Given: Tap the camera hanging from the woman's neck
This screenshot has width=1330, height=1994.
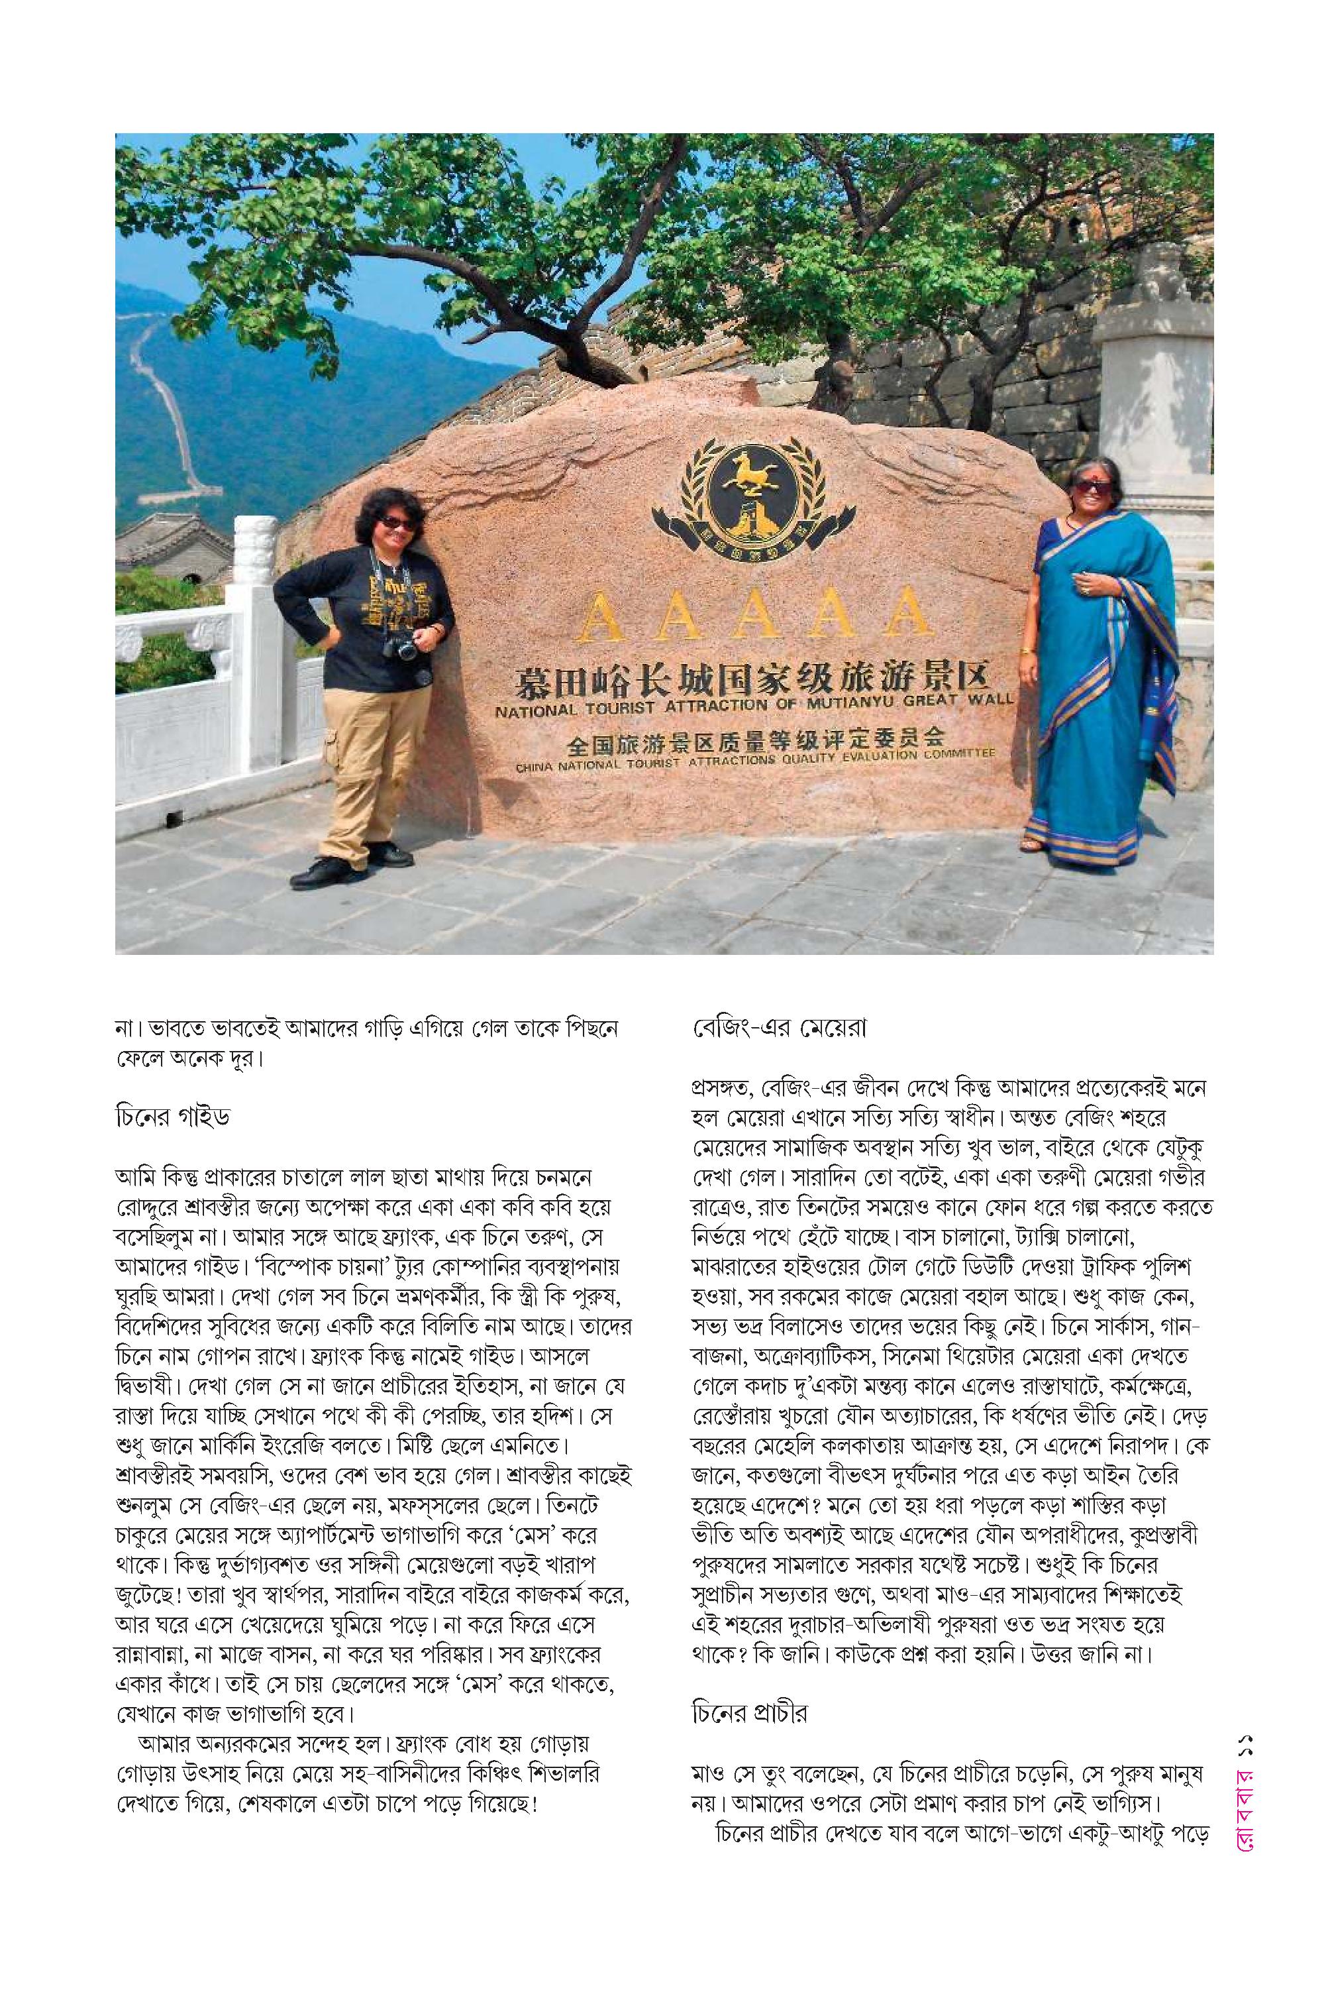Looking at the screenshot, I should pos(401,649).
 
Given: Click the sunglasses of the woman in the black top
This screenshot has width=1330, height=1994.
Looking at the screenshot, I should pos(396,522).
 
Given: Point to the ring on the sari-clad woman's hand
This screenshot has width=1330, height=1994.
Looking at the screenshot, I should pos(1085,585).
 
